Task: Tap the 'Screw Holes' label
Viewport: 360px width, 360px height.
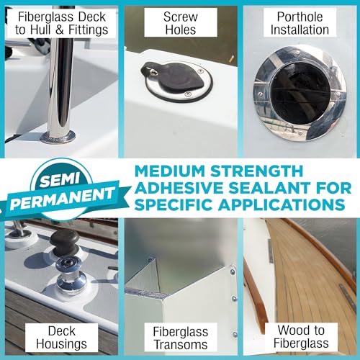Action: coord(179,23)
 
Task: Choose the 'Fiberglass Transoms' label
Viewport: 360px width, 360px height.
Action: coord(179,337)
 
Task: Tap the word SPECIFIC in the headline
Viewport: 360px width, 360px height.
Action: coord(176,204)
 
